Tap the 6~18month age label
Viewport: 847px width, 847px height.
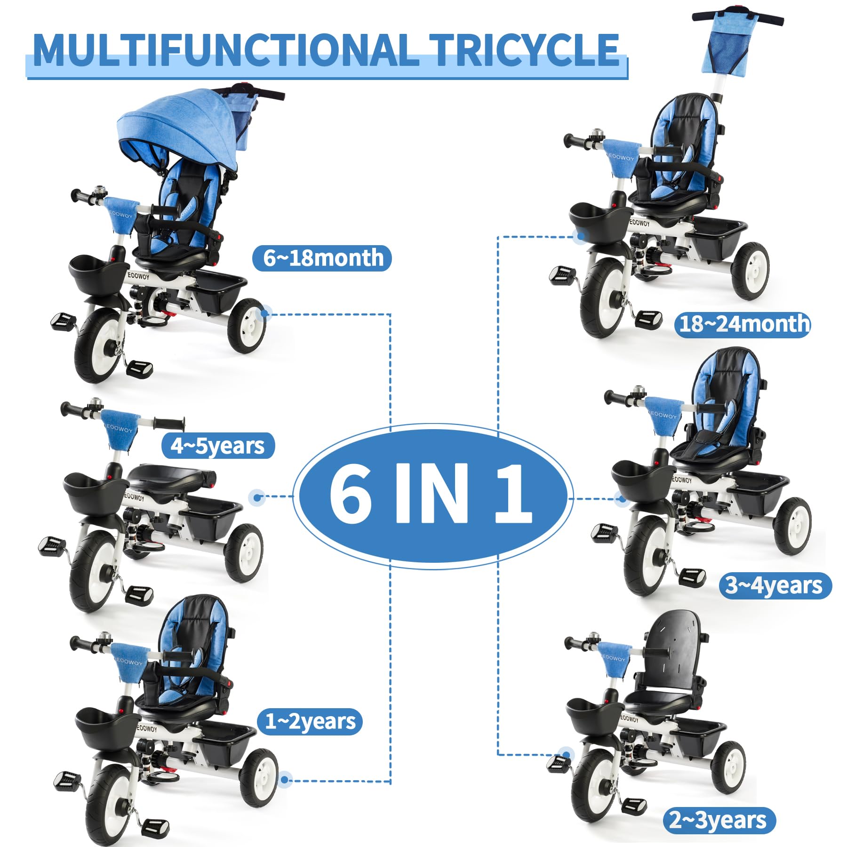(322, 258)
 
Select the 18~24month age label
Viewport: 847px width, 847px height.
(743, 324)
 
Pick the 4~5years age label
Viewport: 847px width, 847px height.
(218, 446)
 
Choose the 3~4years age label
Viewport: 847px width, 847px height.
(775, 585)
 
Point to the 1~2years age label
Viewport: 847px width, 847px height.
(310, 722)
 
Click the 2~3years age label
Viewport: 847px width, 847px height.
(719, 820)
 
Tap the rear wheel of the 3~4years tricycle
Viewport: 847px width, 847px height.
(792, 526)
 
